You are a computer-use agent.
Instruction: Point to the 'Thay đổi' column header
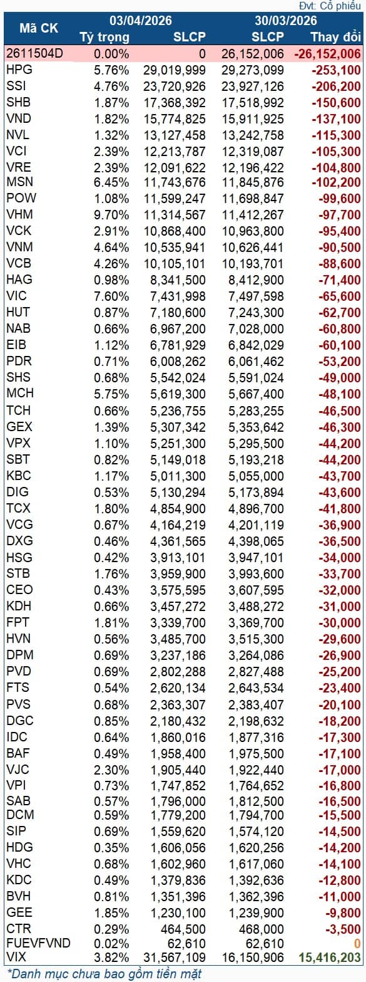click(x=335, y=36)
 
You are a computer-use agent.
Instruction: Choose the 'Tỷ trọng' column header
click(x=104, y=36)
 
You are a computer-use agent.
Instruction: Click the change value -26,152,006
click(x=327, y=54)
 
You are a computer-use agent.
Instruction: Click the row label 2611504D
click(x=34, y=54)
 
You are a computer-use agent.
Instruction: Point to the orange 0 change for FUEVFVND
click(x=357, y=943)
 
